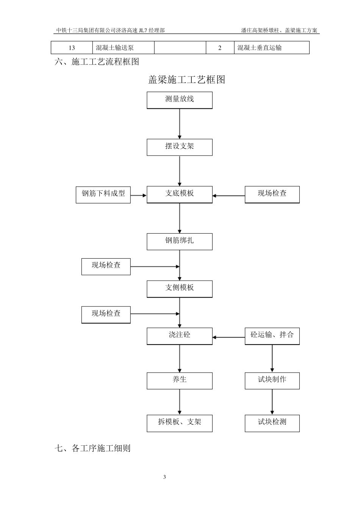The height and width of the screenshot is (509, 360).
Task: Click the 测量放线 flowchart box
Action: click(180, 100)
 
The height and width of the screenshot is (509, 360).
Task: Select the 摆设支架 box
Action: click(180, 147)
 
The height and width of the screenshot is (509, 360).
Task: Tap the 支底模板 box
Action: click(180, 194)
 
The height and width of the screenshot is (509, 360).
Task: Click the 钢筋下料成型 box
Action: click(103, 194)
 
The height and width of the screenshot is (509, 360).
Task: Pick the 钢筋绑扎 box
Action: click(180, 241)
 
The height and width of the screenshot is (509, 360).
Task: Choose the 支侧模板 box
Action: click(180, 288)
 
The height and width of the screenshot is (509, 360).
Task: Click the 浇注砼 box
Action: click(180, 336)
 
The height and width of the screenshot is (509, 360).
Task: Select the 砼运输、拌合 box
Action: click(272, 336)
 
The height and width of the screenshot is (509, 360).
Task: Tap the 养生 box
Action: click(180, 380)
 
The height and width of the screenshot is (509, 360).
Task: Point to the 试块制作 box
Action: click(272, 380)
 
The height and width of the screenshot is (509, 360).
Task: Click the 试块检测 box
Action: click(272, 423)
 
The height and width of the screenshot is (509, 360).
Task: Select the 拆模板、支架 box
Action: click(180, 423)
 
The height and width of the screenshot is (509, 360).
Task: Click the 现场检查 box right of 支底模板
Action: click(272, 194)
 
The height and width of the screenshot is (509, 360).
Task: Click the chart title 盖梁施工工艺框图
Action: click(186, 80)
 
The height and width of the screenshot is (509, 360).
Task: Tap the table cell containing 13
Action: click(72, 48)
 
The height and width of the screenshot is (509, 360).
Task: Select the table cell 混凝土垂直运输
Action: click(271, 48)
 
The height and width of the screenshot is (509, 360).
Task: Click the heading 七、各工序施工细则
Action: click(93, 448)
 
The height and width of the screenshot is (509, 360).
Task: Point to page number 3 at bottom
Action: click(164, 477)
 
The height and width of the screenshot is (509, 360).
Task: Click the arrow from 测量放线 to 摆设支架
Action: click(180, 124)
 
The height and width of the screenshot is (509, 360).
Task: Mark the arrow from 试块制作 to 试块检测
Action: click(272, 402)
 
